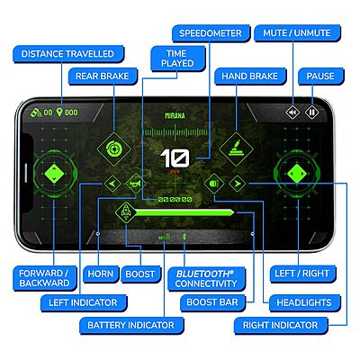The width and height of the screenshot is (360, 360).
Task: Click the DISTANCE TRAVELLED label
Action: click(61, 54)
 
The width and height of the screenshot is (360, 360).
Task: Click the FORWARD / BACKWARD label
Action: click(44, 277)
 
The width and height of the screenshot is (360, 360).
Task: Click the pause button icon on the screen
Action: click(312, 112)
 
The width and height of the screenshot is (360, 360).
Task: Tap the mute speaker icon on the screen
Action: click(292, 112)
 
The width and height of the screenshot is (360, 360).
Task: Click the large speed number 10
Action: click(172, 159)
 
